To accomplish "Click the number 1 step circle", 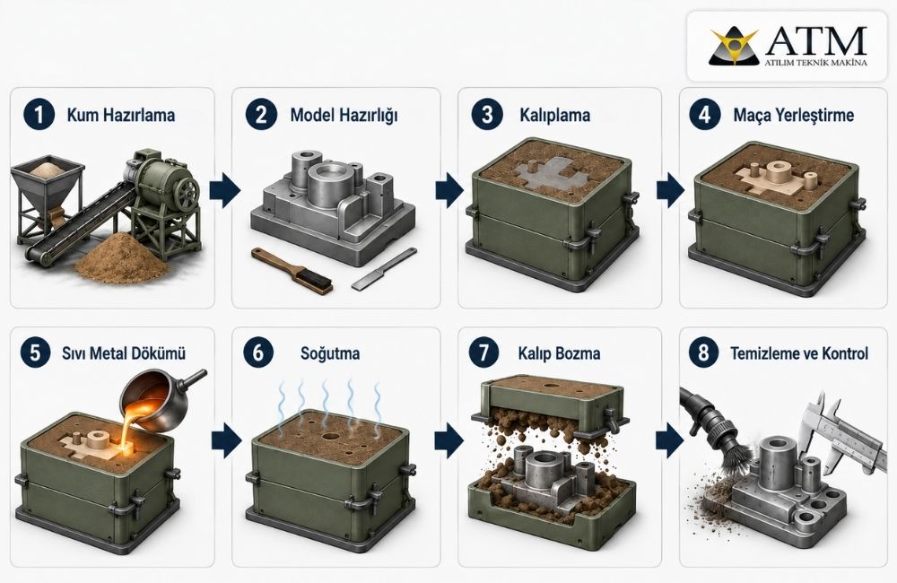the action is click(39, 115).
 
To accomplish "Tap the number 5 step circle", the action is click(36, 352).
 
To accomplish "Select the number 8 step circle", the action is click(703, 352).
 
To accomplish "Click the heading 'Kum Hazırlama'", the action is click(121, 115).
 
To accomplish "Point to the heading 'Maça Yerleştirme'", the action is click(794, 115).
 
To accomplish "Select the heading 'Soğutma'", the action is click(330, 353).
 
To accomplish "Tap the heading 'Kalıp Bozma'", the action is click(560, 353).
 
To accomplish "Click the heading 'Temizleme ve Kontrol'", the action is click(799, 353).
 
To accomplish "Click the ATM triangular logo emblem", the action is click(734, 47).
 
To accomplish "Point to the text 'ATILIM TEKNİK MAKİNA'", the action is click(815, 63).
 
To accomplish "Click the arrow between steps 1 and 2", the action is click(225, 190).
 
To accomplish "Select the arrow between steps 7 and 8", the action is click(670, 441).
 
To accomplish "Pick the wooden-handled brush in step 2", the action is click(292, 271).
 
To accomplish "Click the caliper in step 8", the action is click(844, 435).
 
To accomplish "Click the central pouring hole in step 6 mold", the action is click(331, 437).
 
